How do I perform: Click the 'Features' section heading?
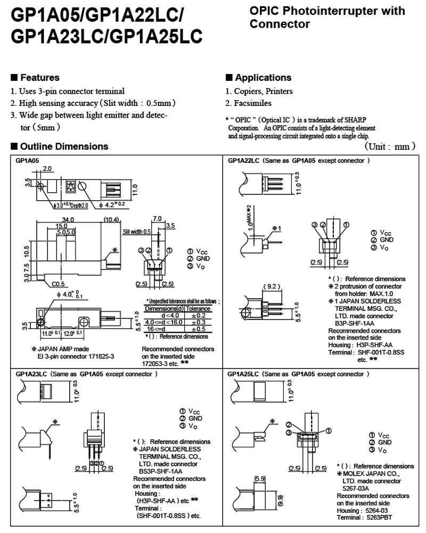tap(39, 78)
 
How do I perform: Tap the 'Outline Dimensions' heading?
tap(64, 146)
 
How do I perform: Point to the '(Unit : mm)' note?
tap(390, 146)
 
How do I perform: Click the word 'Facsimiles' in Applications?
tap(252, 103)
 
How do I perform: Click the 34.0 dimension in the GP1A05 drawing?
tap(68, 219)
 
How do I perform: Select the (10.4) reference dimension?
tap(111, 219)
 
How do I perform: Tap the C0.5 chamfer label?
tap(60, 284)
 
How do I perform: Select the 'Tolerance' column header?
tap(197, 309)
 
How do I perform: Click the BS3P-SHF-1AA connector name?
tap(160, 471)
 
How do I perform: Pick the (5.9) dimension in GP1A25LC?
tap(261, 478)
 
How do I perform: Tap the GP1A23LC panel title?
tap(32, 374)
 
